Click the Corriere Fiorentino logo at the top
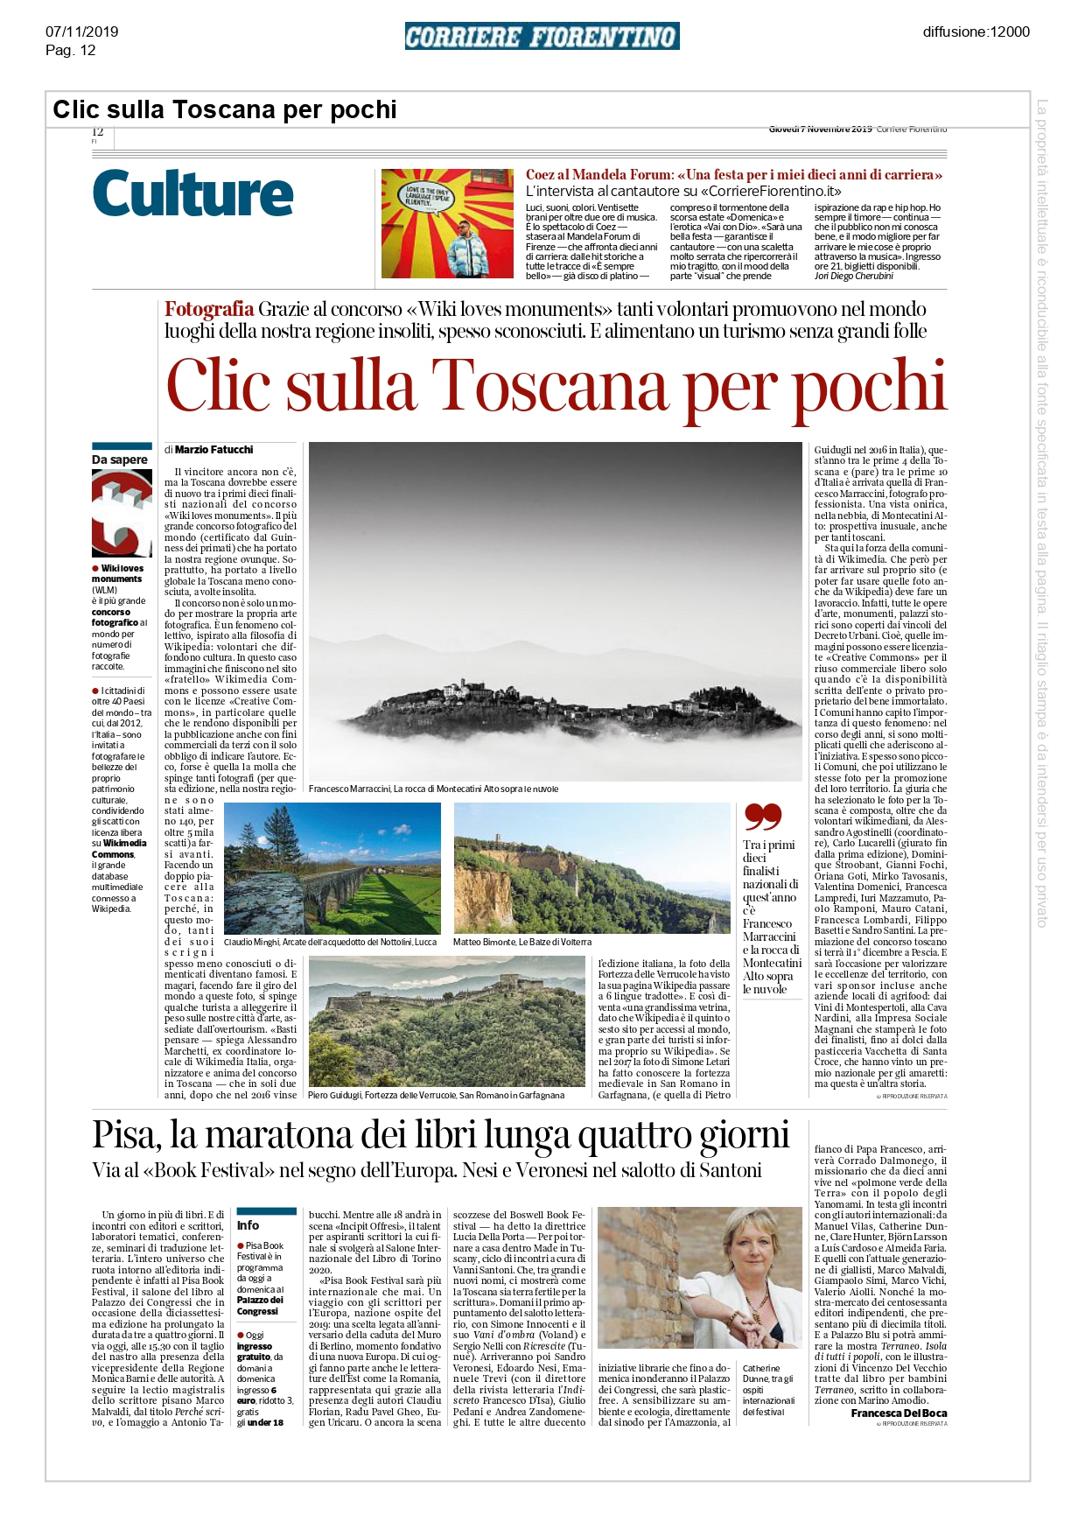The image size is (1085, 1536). click(x=542, y=37)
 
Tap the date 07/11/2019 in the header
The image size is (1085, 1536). click(x=81, y=32)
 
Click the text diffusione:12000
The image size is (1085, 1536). click(x=976, y=32)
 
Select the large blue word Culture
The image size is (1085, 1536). click(x=192, y=193)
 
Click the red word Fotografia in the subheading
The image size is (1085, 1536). click(x=209, y=309)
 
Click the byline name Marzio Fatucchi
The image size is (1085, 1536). click(x=213, y=450)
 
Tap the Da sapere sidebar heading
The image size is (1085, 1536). click(x=120, y=459)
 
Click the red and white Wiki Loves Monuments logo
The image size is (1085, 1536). click(x=122, y=514)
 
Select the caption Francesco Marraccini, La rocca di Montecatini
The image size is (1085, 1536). click(x=433, y=789)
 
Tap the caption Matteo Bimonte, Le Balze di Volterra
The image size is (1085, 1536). click(x=521, y=942)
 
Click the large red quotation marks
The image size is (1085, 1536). click(x=762, y=817)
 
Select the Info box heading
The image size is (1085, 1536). click(x=248, y=1225)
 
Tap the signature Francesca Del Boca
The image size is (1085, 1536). click(x=899, y=1413)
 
